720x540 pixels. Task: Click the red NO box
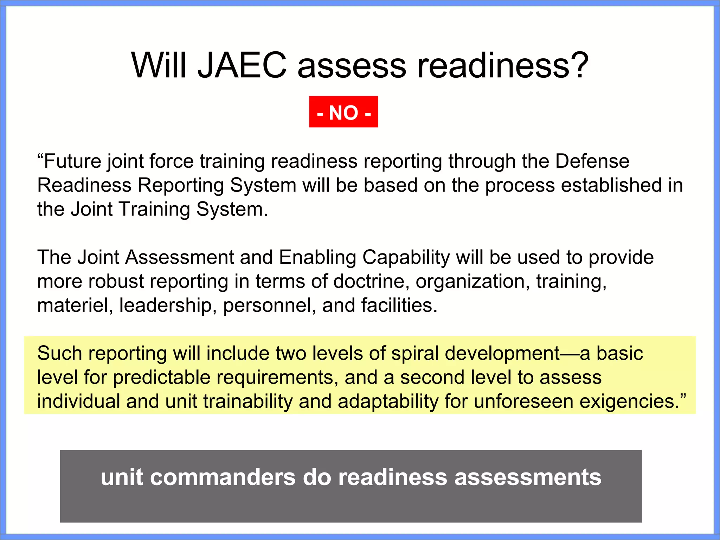click(x=343, y=112)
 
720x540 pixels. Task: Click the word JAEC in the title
click(x=242, y=65)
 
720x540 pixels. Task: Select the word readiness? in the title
click(x=503, y=65)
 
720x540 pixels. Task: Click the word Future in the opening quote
click(x=72, y=161)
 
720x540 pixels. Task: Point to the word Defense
click(x=592, y=161)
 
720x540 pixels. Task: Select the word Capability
click(x=406, y=258)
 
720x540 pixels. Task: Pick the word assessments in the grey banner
click(x=528, y=477)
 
